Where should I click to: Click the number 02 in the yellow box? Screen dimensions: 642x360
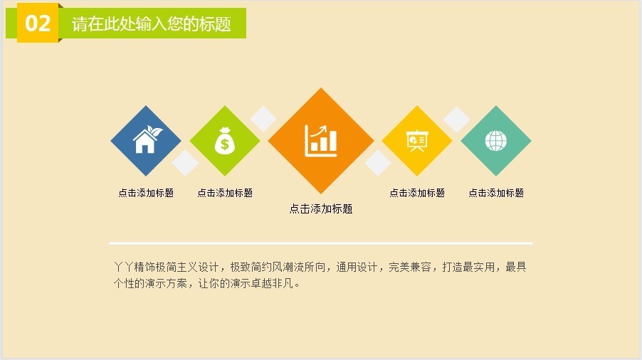(38, 23)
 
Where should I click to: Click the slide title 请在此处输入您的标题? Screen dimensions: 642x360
(152, 23)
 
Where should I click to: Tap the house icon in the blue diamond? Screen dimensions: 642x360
(147, 139)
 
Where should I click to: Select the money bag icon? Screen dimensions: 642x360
(225, 141)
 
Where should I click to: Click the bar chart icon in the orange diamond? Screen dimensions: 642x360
(321, 141)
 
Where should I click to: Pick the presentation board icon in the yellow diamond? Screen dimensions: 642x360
(417, 141)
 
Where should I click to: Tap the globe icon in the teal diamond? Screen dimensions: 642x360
(496, 141)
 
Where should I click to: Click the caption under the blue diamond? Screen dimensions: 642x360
(146, 193)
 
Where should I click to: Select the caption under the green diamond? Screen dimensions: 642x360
(225, 193)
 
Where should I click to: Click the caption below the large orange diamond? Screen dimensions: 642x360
(321, 208)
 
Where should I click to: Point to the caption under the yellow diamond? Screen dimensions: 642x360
(417, 193)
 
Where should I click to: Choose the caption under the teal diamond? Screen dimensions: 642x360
(496, 193)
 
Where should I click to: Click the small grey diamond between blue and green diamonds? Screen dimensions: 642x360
(186, 163)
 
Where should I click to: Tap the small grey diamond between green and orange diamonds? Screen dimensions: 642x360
(263, 119)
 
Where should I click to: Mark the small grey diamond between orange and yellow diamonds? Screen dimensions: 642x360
(377, 163)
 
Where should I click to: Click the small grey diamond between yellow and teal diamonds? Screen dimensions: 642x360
(456, 120)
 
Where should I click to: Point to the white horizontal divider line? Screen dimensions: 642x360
(321, 243)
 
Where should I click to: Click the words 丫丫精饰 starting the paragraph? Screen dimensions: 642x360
(135, 267)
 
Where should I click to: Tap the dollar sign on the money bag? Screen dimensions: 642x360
(225, 144)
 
